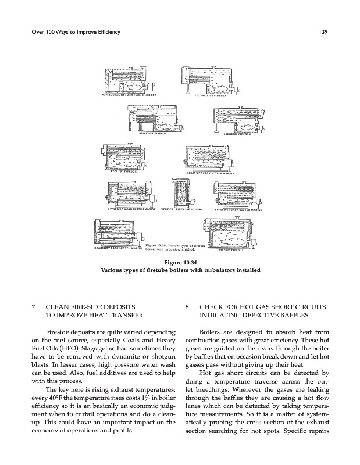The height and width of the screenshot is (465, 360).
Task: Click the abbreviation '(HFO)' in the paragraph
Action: (60, 347)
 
